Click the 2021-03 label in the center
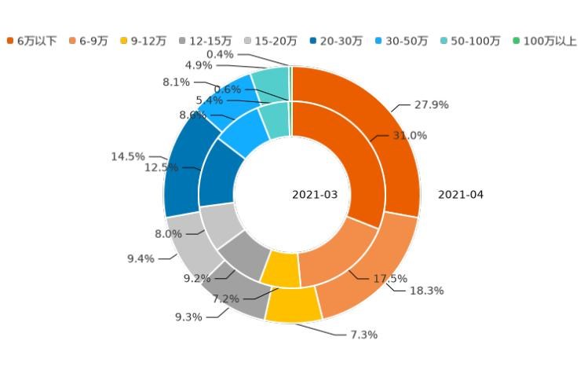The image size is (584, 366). tap(315, 195)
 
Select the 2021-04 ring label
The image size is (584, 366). tap(460, 195)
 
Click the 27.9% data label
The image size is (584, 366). tap(431, 104)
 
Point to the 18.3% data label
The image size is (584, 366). tap(426, 291)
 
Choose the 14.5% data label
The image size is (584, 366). tap(127, 157)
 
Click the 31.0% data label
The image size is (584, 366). tap(410, 136)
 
